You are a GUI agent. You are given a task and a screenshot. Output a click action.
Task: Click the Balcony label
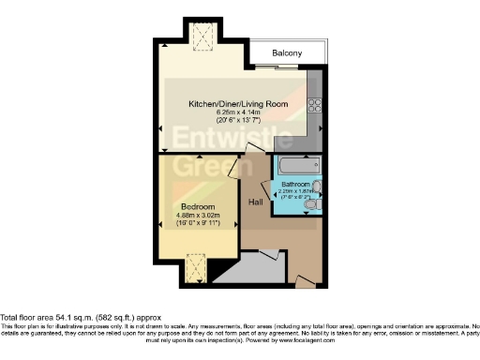click(287, 53)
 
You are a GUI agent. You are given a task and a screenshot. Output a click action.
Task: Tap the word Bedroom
click(198, 206)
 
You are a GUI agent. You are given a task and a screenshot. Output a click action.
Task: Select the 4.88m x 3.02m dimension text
click(198, 217)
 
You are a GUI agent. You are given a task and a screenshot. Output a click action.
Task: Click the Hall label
click(255, 202)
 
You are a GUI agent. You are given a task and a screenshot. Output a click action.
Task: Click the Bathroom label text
click(296, 185)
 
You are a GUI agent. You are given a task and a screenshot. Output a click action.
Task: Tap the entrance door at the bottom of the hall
click(302, 279)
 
